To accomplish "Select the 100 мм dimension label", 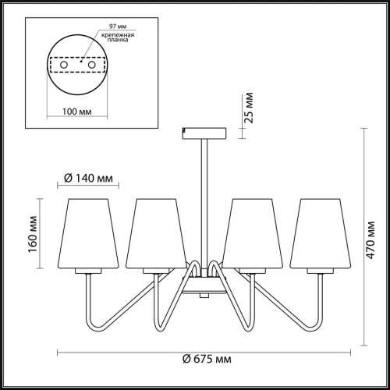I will point(77,111).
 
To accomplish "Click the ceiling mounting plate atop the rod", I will point(204,133).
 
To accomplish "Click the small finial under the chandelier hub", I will point(204,296).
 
